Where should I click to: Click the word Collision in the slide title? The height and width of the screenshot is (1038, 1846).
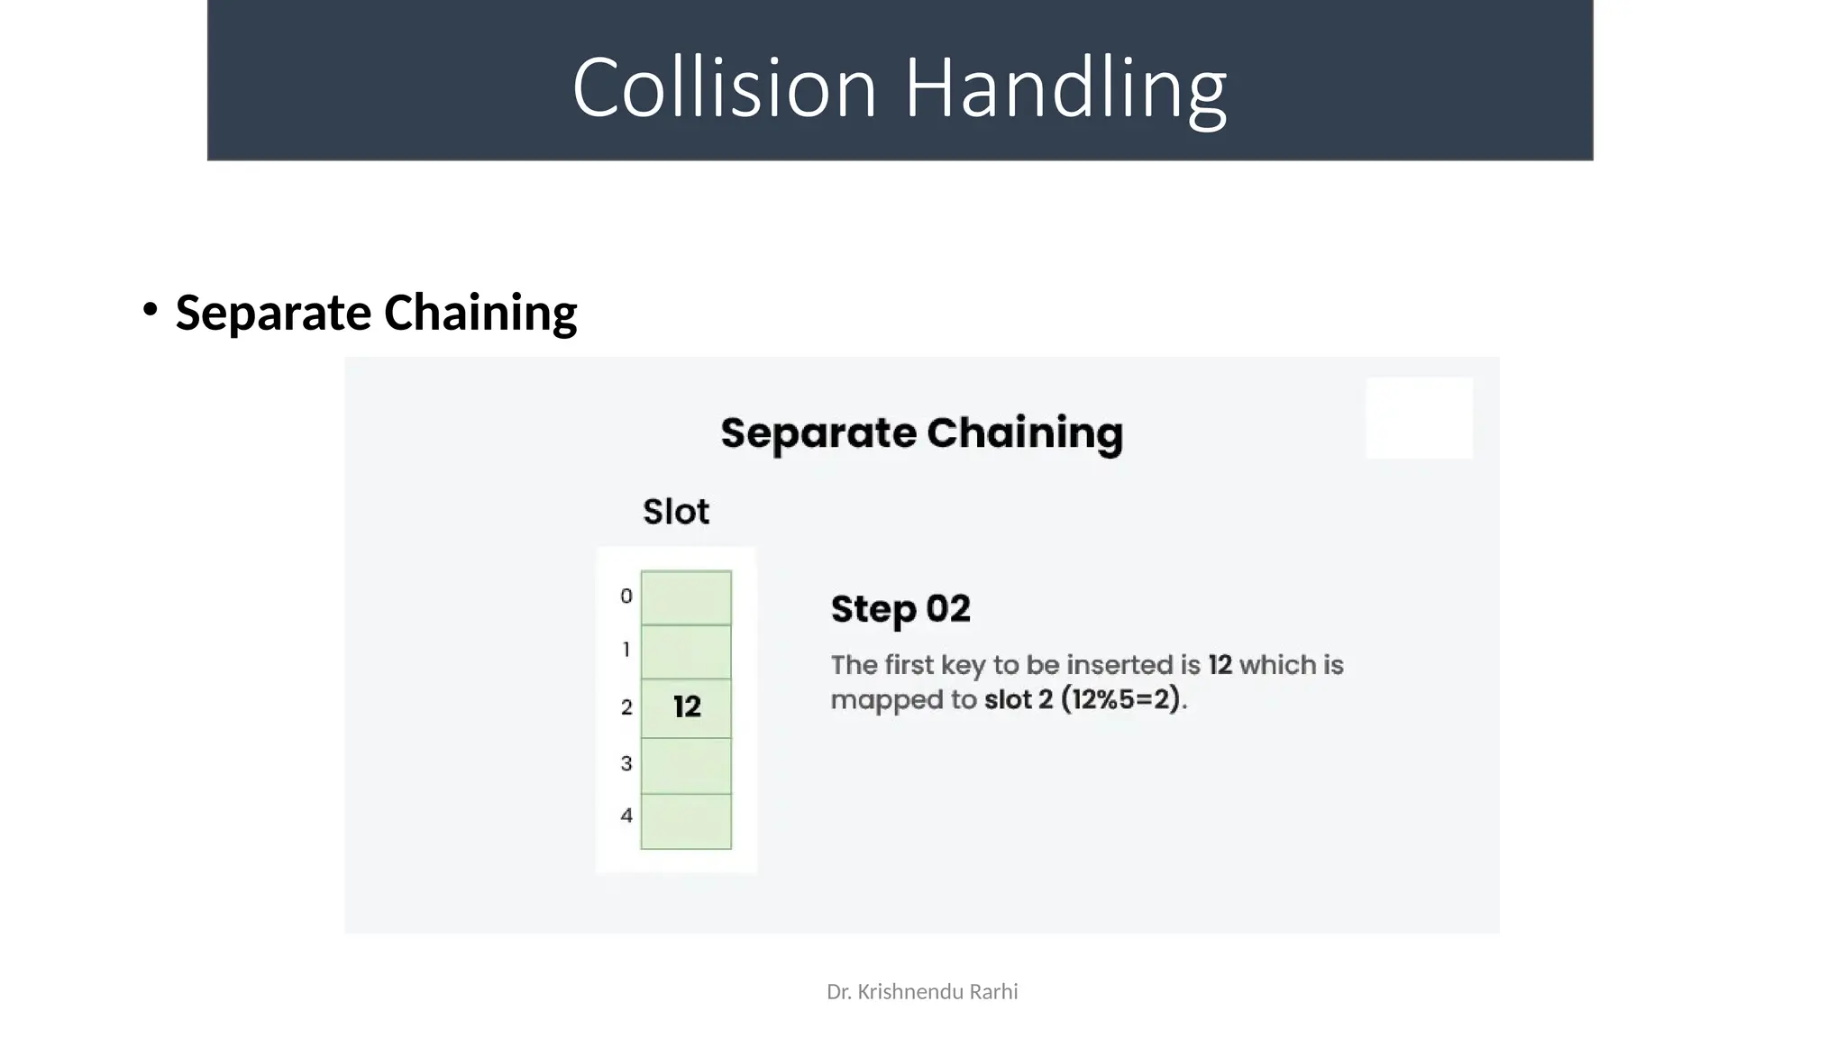[725, 87]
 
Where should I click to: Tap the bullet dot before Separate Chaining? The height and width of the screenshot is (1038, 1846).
[150, 310]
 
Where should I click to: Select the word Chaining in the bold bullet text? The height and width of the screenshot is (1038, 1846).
[480, 313]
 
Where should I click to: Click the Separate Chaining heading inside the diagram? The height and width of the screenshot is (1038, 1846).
[921, 433]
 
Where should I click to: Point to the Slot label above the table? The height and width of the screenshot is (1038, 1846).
[675, 512]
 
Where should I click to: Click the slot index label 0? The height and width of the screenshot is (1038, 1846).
[626, 596]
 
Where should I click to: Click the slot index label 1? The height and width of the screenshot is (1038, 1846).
[626, 650]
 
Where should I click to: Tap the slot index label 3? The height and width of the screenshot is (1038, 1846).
[626, 764]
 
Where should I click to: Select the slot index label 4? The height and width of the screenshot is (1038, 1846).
[626, 816]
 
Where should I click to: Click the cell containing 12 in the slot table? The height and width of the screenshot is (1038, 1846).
[686, 707]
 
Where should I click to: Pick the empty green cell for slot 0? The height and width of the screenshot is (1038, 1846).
[686, 597]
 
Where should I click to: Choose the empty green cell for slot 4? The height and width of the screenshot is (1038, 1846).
[686, 821]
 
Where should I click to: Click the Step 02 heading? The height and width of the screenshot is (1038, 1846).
[900, 609]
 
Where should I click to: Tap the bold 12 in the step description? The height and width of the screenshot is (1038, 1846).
[1220, 665]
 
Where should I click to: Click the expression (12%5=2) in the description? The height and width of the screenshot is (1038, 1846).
[1120, 700]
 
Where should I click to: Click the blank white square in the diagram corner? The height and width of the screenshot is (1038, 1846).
[1419, 418]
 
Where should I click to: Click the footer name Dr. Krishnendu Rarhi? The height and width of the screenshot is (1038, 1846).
[921, 992]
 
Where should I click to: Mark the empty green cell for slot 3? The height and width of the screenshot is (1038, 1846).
[686, 766]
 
